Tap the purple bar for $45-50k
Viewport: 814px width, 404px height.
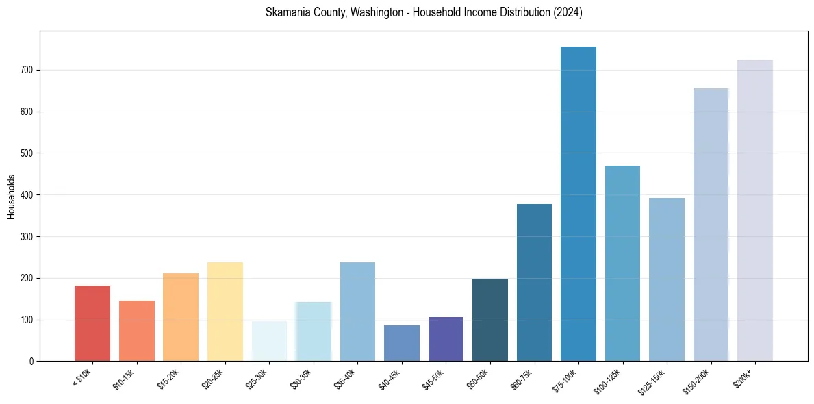446,339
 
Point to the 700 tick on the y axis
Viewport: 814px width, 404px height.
29,70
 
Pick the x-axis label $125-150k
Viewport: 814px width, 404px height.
652,380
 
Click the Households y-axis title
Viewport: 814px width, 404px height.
12,197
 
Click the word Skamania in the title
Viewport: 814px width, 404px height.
289,12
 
